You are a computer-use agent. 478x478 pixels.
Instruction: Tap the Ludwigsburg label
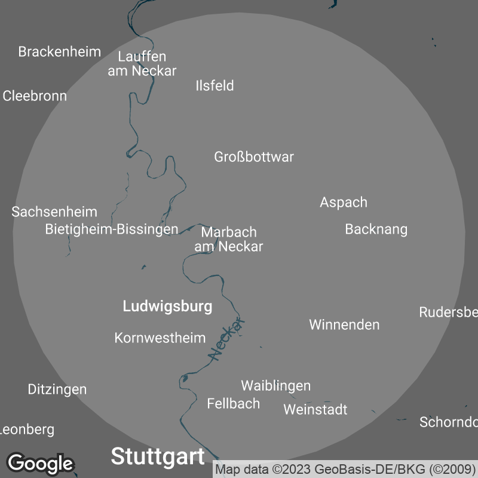(x=167, y=307)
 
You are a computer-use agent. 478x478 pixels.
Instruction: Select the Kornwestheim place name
(x=160, y=338)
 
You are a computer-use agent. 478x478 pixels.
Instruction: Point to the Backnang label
(x=376, y=229)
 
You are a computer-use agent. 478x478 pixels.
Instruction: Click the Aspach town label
(x=344, y=202)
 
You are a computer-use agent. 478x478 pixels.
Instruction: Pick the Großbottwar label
(x=254, y=157)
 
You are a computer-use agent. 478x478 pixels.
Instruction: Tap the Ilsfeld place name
(x=215, y=85)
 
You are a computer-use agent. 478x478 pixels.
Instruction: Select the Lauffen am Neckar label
(x=142, y=64)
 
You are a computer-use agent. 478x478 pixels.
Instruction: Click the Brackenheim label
(x=59, y=51)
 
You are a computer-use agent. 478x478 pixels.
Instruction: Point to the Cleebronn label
(x=35, y=96)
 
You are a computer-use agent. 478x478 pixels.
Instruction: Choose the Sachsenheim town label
(x=54, y=212)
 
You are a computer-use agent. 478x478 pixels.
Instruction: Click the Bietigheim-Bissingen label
(x=112, y=229)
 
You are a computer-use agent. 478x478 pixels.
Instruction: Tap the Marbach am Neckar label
(x=229, y=239)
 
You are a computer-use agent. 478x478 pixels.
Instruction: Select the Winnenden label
(x=344, y=324)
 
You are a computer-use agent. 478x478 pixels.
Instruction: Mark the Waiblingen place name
(x=275, y=385)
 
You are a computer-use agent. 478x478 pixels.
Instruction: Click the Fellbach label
(x=234, y=404)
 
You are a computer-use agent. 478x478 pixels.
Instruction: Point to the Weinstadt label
(x=315, y=409)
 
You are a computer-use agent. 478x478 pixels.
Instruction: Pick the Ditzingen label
(x=57, y=389)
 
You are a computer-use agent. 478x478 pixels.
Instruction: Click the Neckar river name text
(x=228, y=339)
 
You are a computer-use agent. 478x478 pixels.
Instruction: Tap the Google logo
(x=40, y=463)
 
